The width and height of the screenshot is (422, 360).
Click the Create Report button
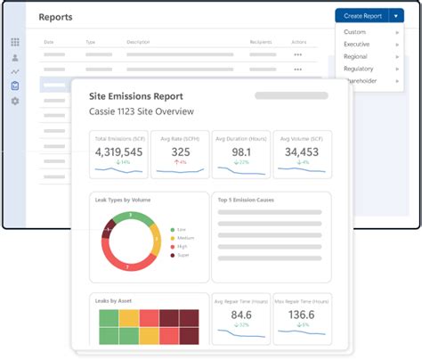pyautogui.click(x=362, y=16)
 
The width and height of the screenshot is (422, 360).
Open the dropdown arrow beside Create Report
pyautogui.click(x=396, y=16)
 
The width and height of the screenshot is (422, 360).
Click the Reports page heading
pyautogui.click(x=56, y=17)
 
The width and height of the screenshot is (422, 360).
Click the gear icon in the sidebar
pyautogui.click(x=14, y=102)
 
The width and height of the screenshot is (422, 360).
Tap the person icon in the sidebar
pyautogui.click(x=14, y=57)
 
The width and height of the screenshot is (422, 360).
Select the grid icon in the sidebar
pyautogui.click(x=14, y=42)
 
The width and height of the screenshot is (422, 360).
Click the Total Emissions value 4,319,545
pyautogui.click(x=119, y=152)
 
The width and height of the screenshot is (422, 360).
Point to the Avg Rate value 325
pyautogui.click(x=181, y=152)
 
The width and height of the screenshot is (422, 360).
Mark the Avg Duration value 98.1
pyautogui.click(x=240, y=152)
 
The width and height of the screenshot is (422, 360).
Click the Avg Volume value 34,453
pyautogui.click(x=301, y=152)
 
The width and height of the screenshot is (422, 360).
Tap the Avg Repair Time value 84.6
pyautogui.click(x=240, y=315)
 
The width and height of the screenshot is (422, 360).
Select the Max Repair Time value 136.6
pyautogui.click(x=301, y=315)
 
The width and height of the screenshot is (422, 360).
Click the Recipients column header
pyautogui.click(x=261, y=41)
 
